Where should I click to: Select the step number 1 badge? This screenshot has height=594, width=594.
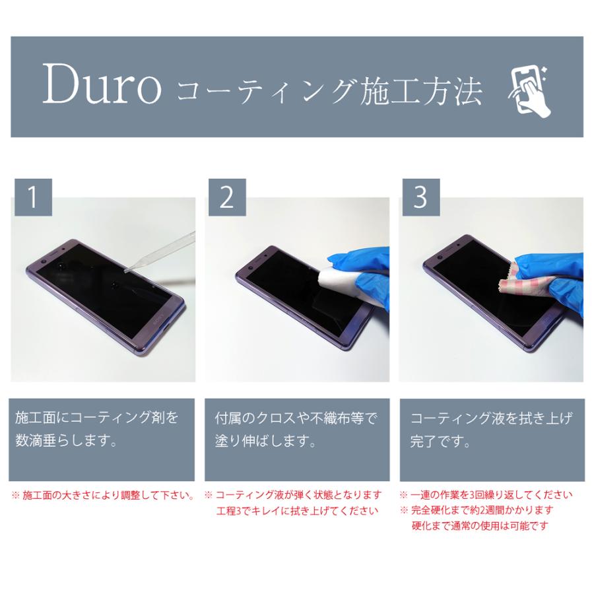32,197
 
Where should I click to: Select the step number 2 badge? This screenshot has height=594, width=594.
226,197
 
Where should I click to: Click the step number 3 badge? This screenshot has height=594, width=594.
420,197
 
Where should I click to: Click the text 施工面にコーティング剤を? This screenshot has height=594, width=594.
97,418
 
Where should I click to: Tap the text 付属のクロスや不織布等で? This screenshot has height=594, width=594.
295,418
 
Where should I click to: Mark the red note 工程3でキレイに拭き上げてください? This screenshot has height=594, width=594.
297,510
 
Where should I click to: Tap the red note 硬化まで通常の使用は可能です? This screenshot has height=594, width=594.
480,526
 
